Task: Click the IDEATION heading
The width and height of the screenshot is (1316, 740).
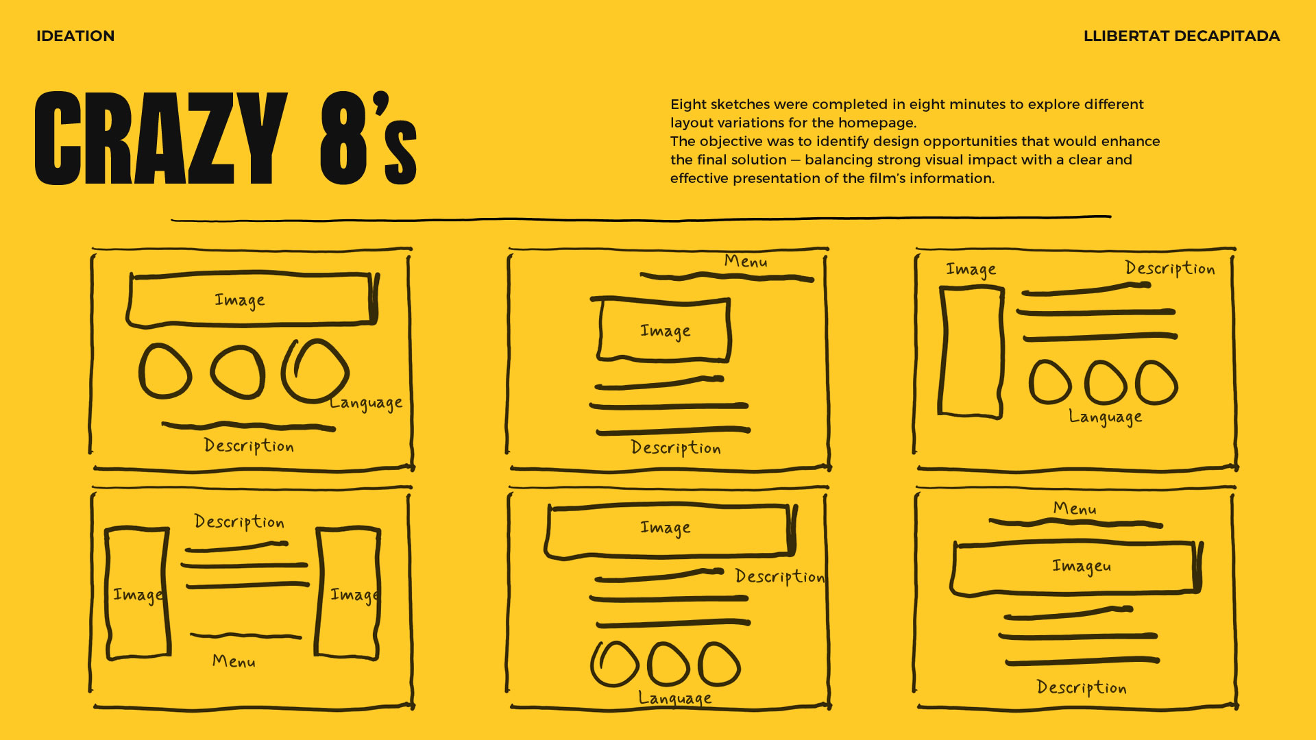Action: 75,36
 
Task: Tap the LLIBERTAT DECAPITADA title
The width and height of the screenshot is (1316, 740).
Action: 1181,36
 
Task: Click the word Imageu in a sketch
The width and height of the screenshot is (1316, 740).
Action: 1081,566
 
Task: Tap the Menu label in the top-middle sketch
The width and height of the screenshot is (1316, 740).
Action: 746,261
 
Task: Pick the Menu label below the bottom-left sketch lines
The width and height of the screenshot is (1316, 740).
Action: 234,661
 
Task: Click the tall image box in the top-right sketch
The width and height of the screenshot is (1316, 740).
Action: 971,351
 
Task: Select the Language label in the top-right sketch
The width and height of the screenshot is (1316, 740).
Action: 1105,417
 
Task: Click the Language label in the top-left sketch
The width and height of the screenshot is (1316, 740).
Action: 365,403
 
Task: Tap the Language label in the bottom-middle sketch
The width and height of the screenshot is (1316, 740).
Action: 674,698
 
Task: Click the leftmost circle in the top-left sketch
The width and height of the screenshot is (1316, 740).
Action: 164,371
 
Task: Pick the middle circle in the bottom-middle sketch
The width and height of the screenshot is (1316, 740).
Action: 668,664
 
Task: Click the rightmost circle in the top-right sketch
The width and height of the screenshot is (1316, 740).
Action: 1156,382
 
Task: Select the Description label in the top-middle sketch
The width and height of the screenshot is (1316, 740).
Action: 675,448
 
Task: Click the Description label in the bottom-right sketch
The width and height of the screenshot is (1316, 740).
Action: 1081,687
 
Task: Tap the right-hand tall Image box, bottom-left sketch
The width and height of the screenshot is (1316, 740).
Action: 348,593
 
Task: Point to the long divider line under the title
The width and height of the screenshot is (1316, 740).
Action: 641,219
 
